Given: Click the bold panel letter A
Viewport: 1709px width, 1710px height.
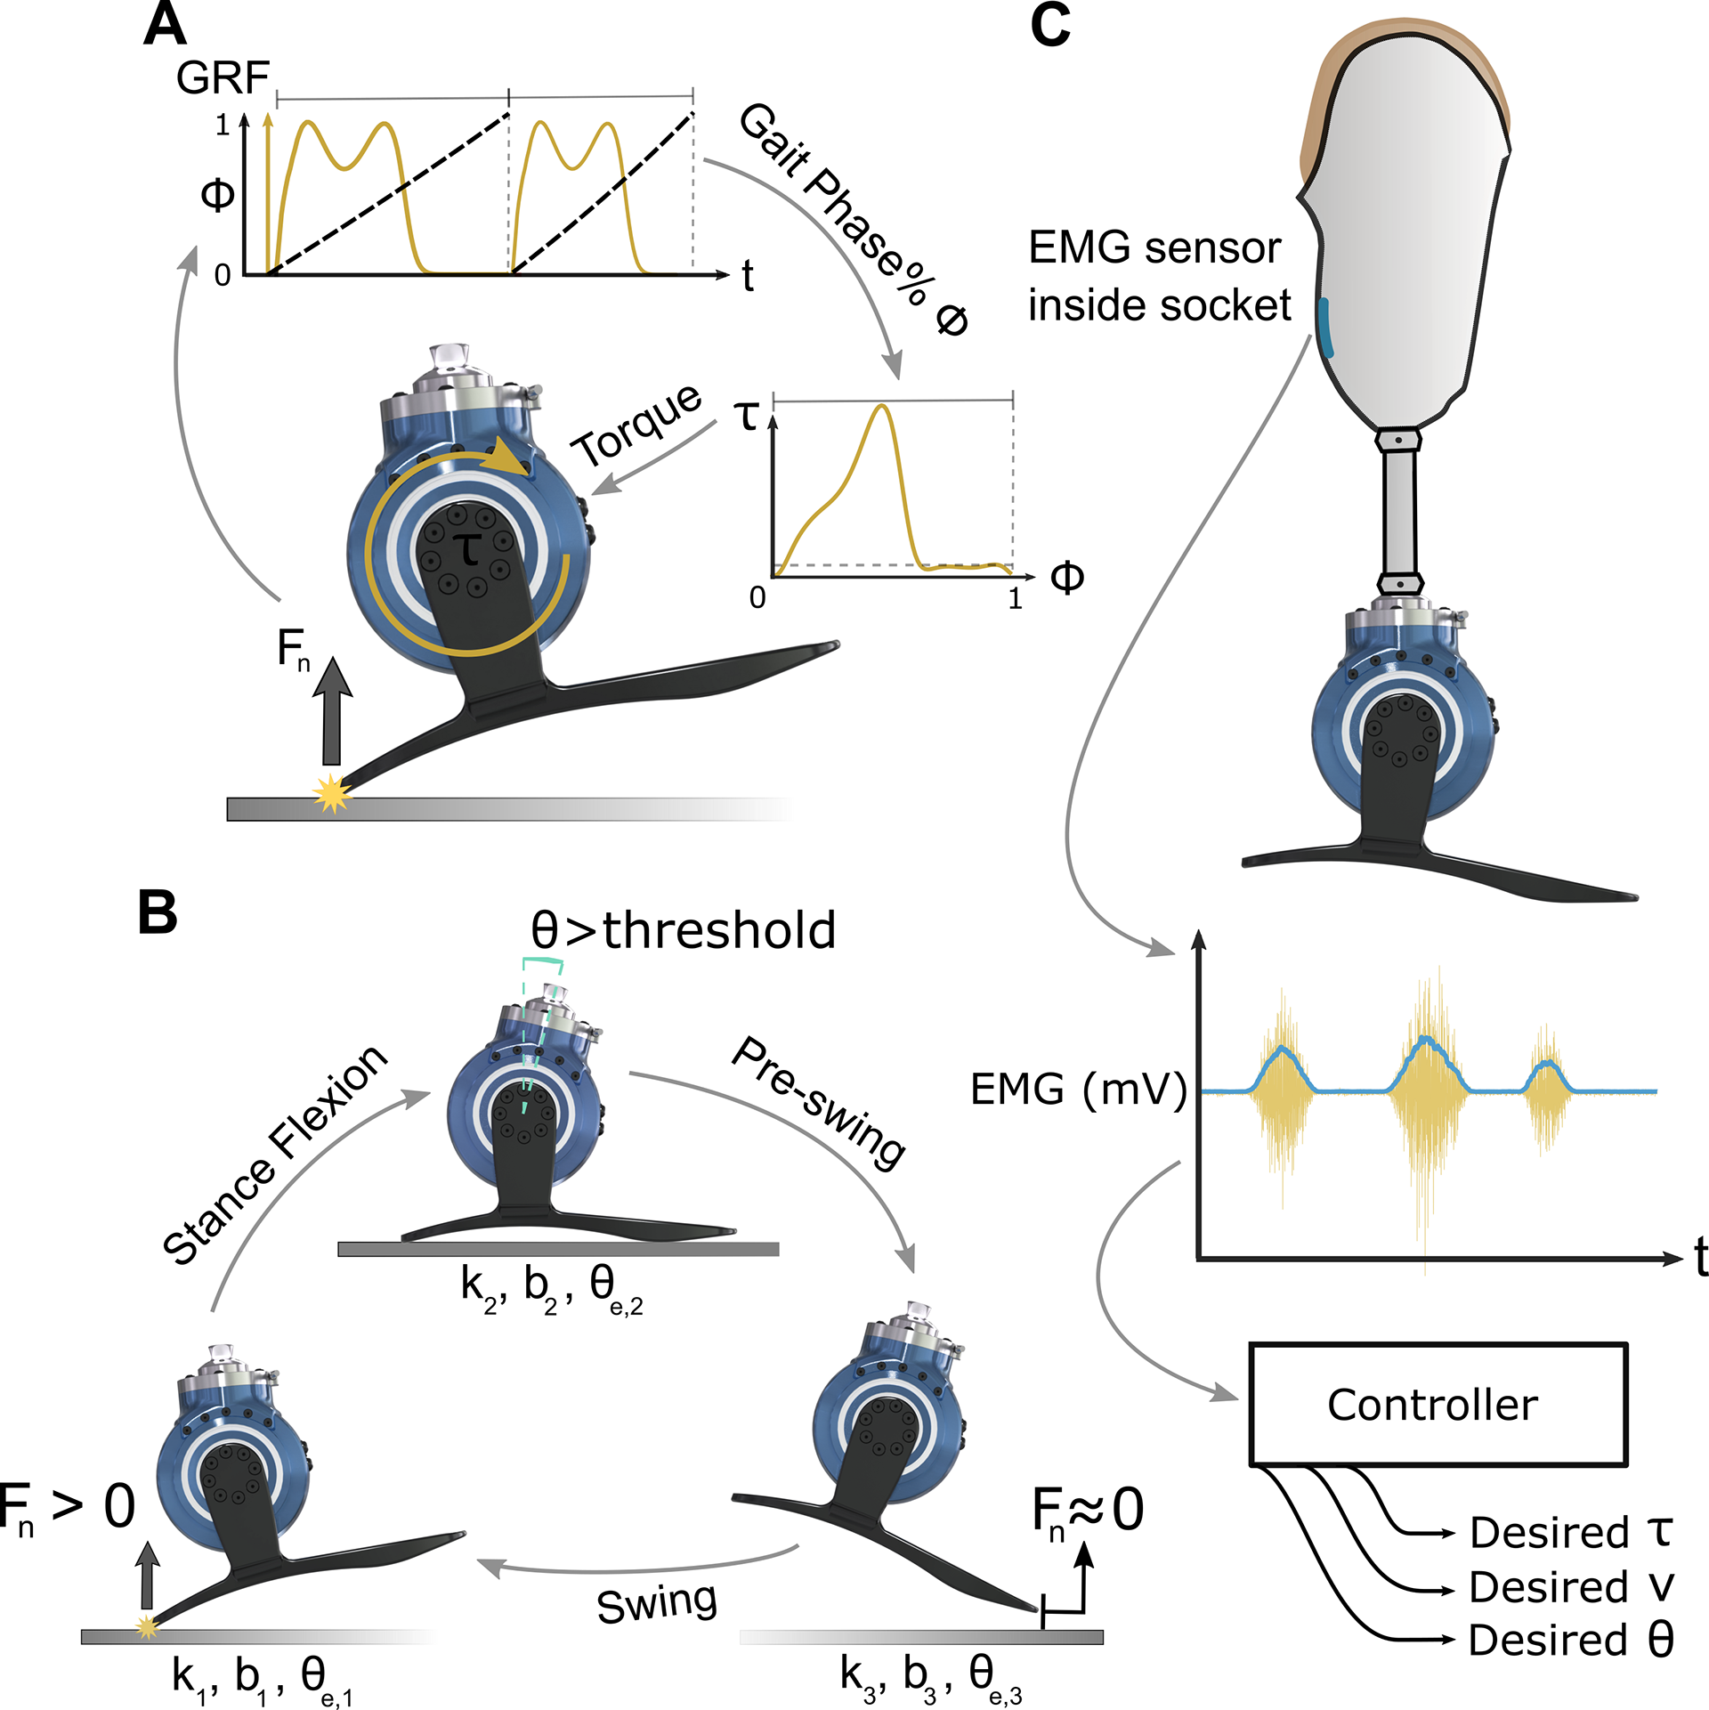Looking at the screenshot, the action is tap(165, 24).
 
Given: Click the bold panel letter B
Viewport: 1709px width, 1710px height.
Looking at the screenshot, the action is tap(158, 912).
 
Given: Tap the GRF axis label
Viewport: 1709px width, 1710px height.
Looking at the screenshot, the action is tap(223, 77).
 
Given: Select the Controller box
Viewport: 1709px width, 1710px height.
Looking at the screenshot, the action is tap(1438, 1404).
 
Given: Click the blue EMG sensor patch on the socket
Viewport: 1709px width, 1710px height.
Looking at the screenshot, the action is tap(1325, 328).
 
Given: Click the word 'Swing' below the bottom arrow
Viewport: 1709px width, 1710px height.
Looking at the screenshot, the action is tap(657, 1603).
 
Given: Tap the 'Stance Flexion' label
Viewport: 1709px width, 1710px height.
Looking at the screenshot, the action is tap(275, 1155).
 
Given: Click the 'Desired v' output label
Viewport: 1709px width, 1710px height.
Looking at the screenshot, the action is tap(1572, 1586).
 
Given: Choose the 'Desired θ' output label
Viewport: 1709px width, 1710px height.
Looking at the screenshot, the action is tap(1572, 1640).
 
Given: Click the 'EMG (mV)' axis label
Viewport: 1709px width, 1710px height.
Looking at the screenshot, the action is tap(1079, 1090).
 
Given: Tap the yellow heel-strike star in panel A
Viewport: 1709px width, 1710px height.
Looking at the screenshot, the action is tap(332, 793).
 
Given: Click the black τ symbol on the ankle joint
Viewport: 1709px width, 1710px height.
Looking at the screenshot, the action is tap(469, 549).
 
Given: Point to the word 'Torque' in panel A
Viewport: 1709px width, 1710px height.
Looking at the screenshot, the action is tap(636, 425).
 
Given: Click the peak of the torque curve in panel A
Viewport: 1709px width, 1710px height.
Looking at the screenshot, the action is tap(881, 406).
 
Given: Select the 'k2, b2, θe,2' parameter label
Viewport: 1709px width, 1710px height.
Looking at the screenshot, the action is tap(552, 1290).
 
